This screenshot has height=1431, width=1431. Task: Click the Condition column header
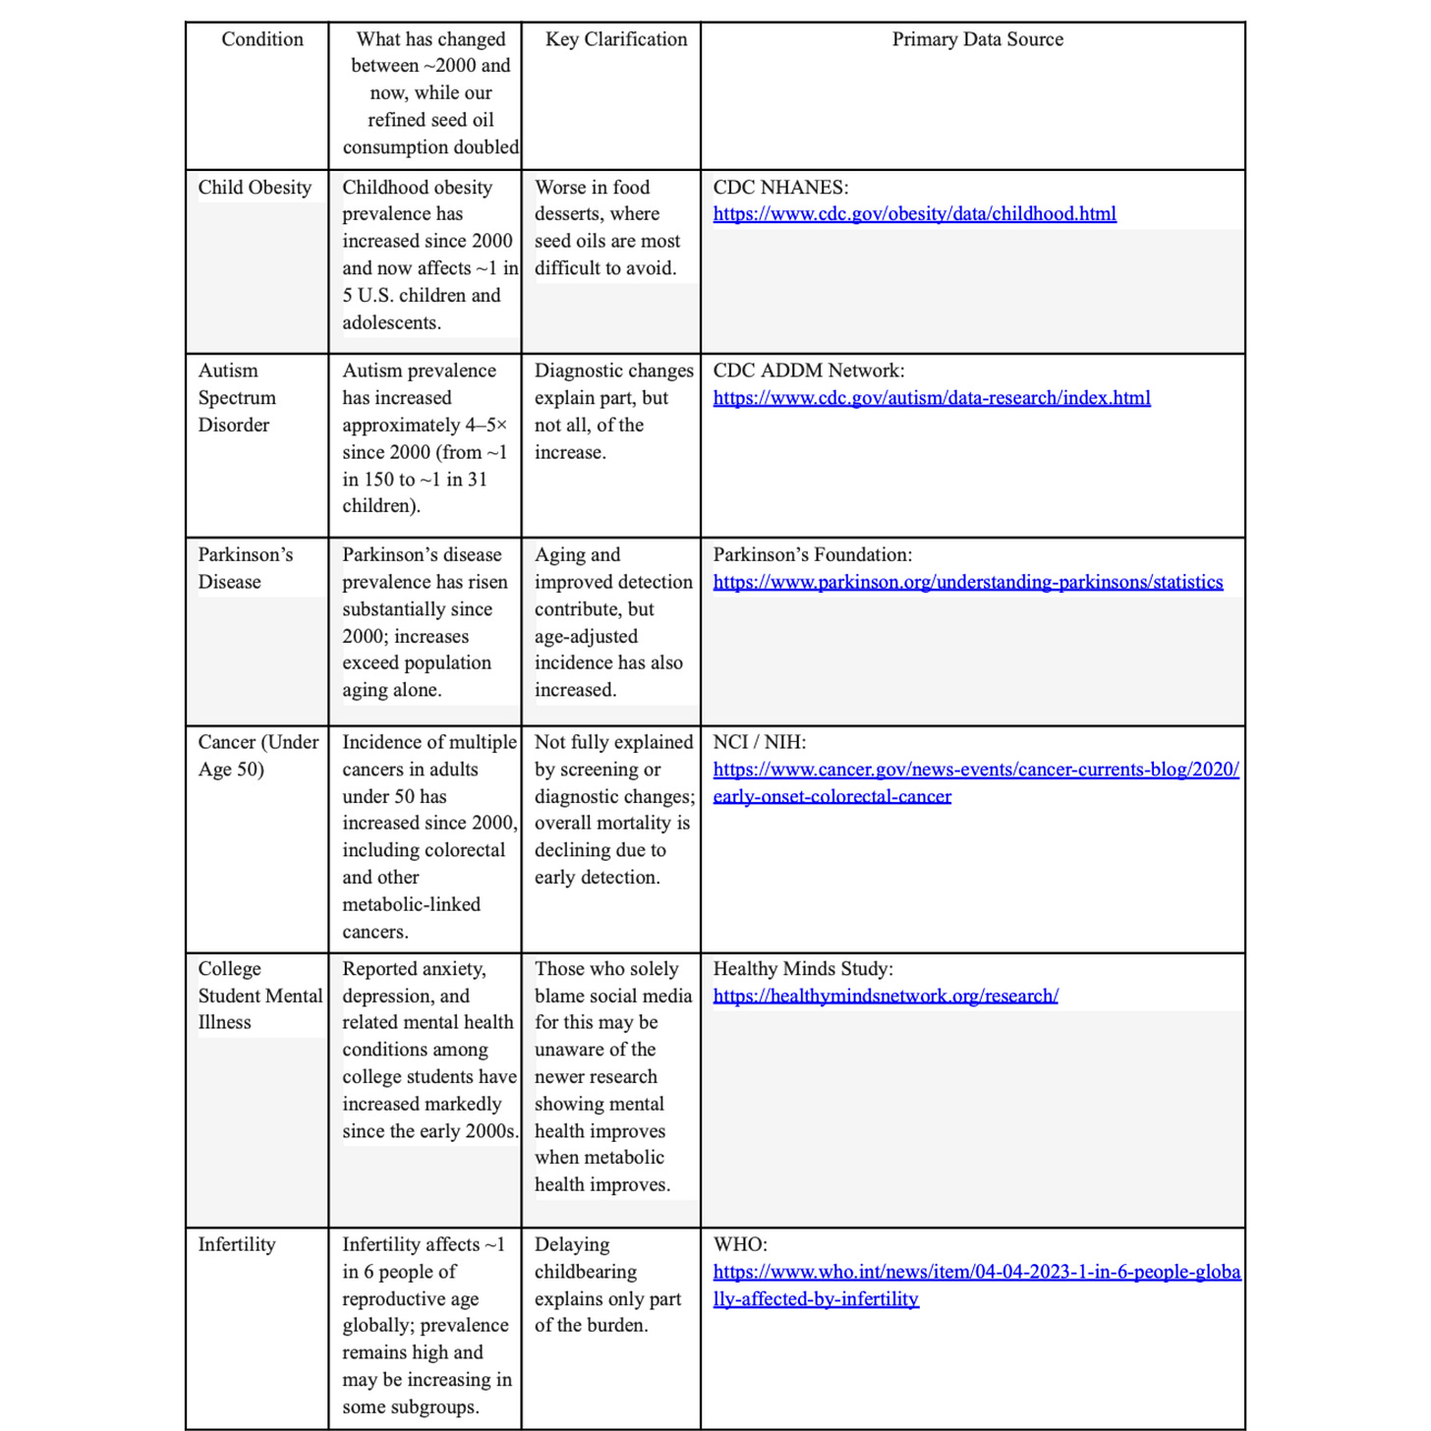(x=261, y=39)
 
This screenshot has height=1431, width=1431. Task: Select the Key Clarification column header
(x=616, y=39)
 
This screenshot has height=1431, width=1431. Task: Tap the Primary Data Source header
(x=977, y=39)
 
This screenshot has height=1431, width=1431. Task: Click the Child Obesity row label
(x=255, y=188)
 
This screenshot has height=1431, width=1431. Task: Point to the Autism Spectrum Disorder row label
(x=236, y=398)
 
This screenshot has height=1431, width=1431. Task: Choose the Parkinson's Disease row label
(x=245, y=568)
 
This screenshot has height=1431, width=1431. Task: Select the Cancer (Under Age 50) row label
(x=258, y=756)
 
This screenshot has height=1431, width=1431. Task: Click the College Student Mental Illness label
(x=259, y=996)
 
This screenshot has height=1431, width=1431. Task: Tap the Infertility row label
(x=237, y=1244)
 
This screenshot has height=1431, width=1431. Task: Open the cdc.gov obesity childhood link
(x=914, y=214)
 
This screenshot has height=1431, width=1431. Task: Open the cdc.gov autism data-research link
(x=931, y=398)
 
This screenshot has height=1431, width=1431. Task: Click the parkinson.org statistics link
(x=967, y=582)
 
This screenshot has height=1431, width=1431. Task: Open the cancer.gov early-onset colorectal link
(x=975, y=770)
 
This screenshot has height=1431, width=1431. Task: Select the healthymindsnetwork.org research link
(x=885, y=996)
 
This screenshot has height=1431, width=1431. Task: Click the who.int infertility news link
(x=976, y=1272)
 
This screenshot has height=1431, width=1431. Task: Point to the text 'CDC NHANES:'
(x=780, y=188)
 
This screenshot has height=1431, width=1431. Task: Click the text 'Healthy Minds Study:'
(x=803, y=969)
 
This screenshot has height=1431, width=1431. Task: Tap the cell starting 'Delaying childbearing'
(x=607, y=1285)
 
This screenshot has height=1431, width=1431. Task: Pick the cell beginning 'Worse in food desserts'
(x=607, y=227)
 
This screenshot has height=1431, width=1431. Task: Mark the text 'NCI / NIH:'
(x=759, y=742)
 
